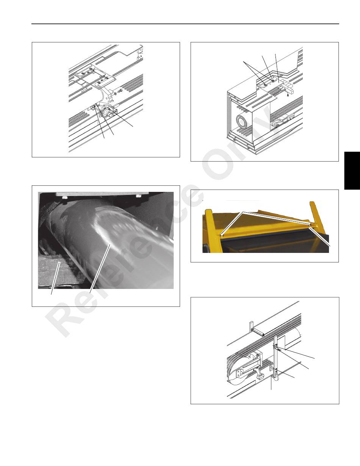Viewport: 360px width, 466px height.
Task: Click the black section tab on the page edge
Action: tap(352, 171)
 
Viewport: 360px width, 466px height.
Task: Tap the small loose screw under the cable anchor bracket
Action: tap(288, 93)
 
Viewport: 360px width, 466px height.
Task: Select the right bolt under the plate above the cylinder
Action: tap(138, 196)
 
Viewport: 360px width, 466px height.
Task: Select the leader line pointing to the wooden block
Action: tap(55, 278)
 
